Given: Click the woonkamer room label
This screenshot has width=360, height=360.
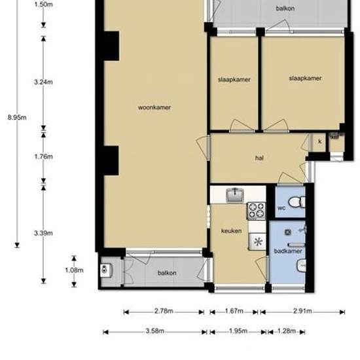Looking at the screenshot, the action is pos(154,107).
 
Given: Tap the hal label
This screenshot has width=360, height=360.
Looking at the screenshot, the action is pos(259,158).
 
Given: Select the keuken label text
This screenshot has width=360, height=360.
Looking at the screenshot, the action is pos(231,231).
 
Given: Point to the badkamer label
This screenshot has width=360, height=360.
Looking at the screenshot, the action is pos(288,251).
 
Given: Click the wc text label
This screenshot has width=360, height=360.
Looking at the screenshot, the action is pos(281,208).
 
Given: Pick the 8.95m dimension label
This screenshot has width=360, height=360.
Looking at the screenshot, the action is pos(17,118).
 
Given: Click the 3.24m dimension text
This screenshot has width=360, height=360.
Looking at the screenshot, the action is pos(43,82).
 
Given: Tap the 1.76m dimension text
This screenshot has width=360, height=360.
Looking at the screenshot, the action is pos(43,156).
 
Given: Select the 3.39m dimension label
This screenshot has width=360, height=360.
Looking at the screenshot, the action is pos(43,233).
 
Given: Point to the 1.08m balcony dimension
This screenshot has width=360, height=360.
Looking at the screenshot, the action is pos(74,270).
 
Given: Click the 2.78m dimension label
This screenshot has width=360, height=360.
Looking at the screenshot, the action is pos(164,311).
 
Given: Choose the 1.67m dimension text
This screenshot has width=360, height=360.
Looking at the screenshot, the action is pos(234,311).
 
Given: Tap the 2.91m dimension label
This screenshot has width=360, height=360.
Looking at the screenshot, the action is pos(302,311).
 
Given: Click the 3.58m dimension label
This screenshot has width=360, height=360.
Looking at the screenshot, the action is pos(155,331).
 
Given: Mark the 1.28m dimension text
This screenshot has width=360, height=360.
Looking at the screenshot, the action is pos(287,331).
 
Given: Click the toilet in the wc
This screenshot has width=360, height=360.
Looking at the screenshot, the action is pos(297,202).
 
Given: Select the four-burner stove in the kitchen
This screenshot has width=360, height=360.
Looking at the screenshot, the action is pos(257,211).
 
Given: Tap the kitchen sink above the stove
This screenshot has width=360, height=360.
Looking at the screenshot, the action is pos(234,195).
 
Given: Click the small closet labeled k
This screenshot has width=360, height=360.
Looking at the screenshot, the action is pos(319,142).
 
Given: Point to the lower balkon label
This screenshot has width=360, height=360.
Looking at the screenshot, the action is pos(167,273).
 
